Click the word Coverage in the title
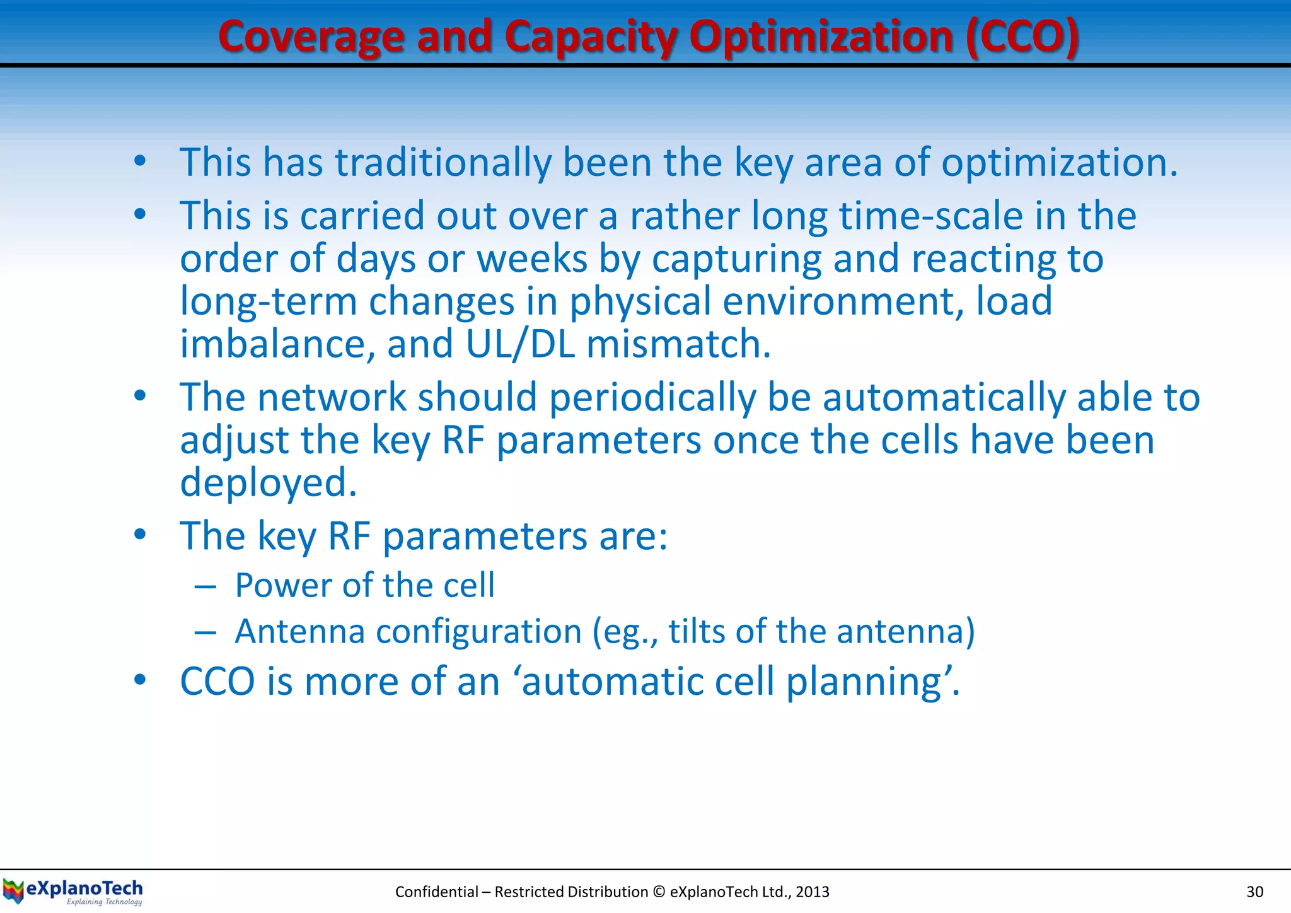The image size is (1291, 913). tap(310, 37)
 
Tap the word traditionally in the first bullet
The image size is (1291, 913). tap(443, 162)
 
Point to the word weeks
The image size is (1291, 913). tap(532, 259)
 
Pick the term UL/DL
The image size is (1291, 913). tap(520, 344)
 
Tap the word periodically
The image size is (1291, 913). tap(652, 397)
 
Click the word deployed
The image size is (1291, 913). tap(268, 482)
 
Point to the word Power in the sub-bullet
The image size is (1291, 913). tap(282, 585)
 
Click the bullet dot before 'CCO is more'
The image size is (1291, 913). tap(140, 680)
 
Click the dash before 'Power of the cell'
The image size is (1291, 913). tap(205, 587)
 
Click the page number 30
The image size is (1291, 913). tap(1254, 892)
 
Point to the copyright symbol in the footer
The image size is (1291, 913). tap(659, 892)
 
